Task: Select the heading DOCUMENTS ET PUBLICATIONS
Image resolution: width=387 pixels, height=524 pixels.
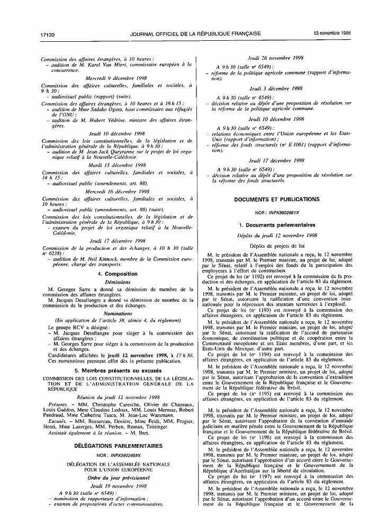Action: [x=276, y=200]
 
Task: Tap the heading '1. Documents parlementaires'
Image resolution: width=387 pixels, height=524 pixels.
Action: [x=277, y=225]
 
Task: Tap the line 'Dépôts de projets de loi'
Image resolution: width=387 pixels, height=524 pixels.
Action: [x=277, y=246]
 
